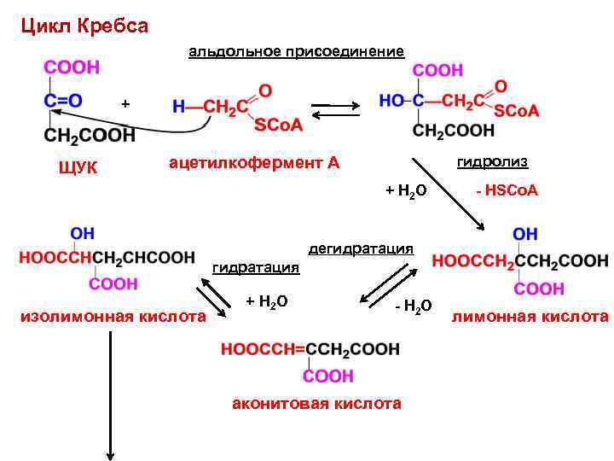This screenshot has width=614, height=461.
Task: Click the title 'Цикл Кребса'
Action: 84,26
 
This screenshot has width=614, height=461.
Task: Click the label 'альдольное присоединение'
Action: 296,52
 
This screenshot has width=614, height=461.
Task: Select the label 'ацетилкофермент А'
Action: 248,162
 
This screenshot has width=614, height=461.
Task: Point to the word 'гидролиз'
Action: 492,161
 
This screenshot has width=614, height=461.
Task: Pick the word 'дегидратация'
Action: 361,249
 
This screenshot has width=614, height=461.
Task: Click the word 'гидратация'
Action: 255,268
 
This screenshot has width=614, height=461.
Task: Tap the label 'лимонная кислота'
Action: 530,317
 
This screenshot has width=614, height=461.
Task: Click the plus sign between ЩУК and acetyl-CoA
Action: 125,104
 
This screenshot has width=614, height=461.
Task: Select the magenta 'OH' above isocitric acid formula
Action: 82,232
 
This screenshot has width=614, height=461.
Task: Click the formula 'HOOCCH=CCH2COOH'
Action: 310,348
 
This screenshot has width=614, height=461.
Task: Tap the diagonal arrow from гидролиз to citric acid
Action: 449,194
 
